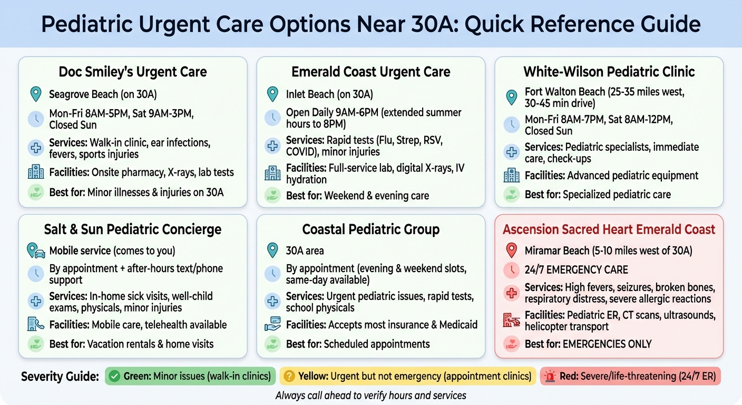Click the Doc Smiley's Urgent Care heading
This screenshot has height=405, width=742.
pos(133,72)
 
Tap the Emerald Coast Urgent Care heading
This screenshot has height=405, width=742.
pos(371,72)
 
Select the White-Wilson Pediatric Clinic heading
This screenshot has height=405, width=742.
pos(609,72)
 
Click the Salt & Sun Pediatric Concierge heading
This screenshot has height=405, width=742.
pos(133,229)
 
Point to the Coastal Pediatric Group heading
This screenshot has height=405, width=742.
pos(371,229)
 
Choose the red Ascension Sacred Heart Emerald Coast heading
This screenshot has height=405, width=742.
pos(609,229)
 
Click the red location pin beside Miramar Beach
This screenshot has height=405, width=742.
pos(511,250)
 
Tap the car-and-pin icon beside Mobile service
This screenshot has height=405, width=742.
pos(36,251)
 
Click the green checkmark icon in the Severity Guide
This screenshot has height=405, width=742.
pos(114,377)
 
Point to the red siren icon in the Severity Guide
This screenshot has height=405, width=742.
pos(550,377)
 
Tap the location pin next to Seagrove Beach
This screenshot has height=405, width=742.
pos(35,94)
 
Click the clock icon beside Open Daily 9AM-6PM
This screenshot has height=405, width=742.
pos(272,118)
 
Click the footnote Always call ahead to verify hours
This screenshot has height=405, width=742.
pos(370,395)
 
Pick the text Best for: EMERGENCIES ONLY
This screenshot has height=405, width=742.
pos(588,344)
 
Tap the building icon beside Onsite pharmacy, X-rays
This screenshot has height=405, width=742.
pos(35,172)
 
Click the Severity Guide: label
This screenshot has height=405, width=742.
pos(60,377)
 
